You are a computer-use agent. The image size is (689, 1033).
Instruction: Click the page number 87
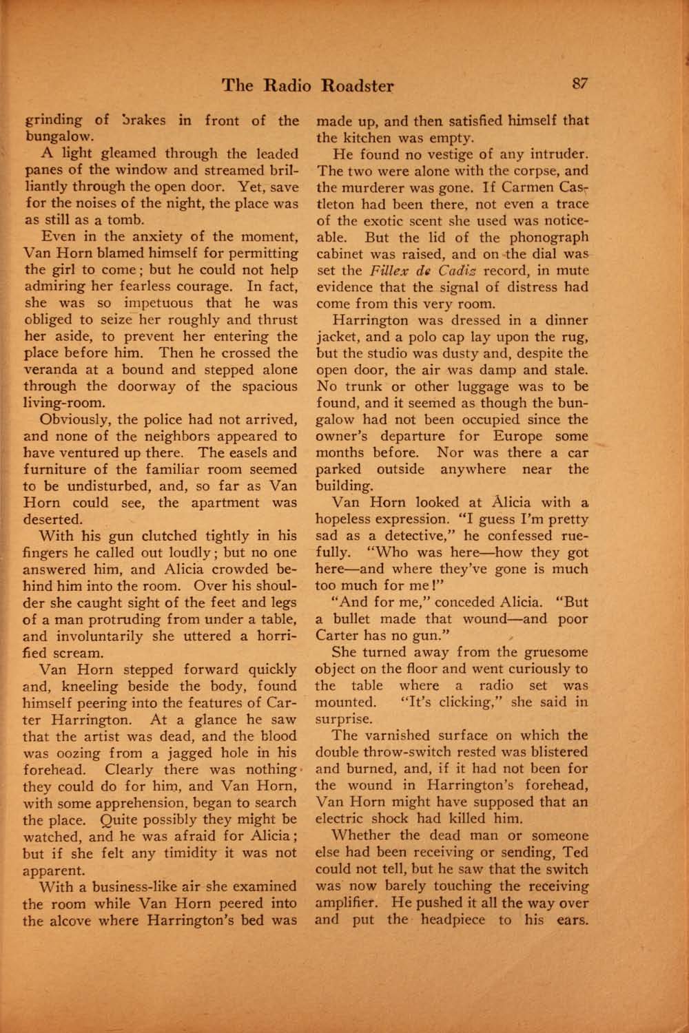click(x=577, y=84)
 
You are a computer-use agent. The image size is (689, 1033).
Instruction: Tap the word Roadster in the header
click(x=359, y=86)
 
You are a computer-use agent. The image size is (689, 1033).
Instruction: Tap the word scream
click(x=82, y=652)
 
